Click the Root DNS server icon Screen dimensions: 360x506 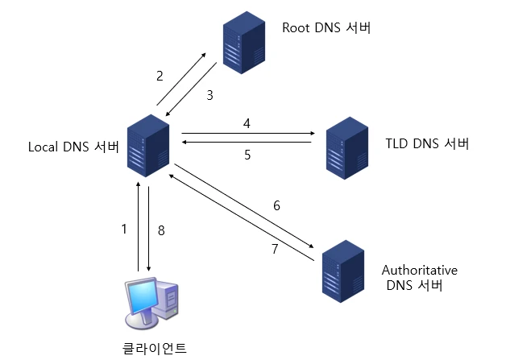point(243,48)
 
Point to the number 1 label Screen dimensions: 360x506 point(124,230)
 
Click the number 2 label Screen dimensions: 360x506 point(160,77)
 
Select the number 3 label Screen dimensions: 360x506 point(209,95)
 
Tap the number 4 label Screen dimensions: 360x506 point(247,122)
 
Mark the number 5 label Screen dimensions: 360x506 point(247,155)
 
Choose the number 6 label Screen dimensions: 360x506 point(276,205)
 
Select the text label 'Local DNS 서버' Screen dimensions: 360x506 point(73,147)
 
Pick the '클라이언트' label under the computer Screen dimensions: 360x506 point(151,348)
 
